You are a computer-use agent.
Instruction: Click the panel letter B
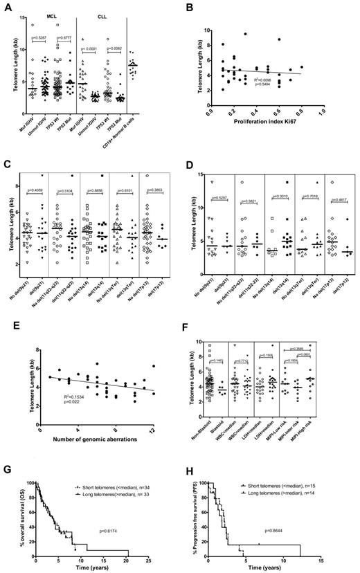[x=190, y=8]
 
